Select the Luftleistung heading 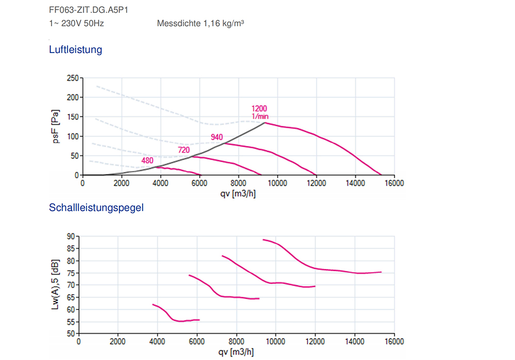pyautogui.click(x=75, y=50)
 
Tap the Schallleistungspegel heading pyautogui.click(x=96, y=208)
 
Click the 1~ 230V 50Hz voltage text pyautogui.click(x=76, y=24)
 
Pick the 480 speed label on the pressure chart pyautogui.click(x=148, y=160)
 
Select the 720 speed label pyautogui.click(x=183, y=150)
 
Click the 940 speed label pyautogui.click(x=217, y=136)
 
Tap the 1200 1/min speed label pyautogui.click(x=260, y=112)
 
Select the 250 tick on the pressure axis pyautogui.click(x=72, y=78)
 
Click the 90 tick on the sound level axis pyautogui.click(x=70, y=236)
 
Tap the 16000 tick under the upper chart pyautogui.click(x=393, y=183)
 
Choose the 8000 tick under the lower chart pyautogui.click(x=236, y=341)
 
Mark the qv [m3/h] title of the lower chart pyautogui.click(x=236, y=352)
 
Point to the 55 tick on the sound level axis pyautogui.click(x=70, y=322)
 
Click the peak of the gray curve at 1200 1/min pyautogui.click(x=265, y=123)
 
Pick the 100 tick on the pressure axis pyautogui.click(x=72, y=136)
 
